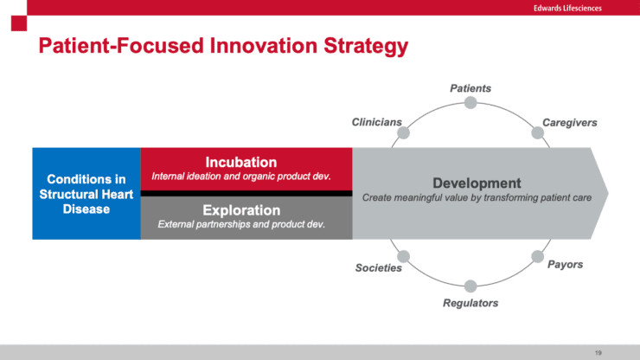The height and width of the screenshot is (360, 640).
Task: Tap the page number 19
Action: click(x=598, y=352)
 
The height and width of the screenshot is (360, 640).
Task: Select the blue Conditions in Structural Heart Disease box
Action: click(x=86, y=194)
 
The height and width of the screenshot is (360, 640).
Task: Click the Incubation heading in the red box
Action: click(x=240, y=162)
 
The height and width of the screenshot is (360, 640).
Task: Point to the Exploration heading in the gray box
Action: click(x=241, y=210)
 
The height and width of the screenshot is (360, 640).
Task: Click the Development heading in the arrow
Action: click(x=477, y=183)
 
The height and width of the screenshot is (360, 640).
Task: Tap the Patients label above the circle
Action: click(x=470, y=88)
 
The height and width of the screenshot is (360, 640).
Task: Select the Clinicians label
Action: click(x=376, y=123)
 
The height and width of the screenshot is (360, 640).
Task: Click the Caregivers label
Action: click(x=570, y=123)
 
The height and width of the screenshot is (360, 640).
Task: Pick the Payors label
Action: click(x=565, y=264)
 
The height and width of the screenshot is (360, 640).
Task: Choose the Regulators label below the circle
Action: click(x=470, y=303)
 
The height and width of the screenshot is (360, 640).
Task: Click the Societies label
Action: click(x=379, y=267)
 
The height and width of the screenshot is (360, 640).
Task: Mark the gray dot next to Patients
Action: click(x=470, y=103)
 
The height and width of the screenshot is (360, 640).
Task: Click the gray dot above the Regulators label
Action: click(x=470, y=286)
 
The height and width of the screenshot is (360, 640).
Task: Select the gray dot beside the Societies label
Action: click(x=403, y=256)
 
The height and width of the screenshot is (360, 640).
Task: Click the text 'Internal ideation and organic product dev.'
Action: click(x=241, y=177)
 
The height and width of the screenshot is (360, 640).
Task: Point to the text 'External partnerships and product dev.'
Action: click(x=241, y=225)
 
